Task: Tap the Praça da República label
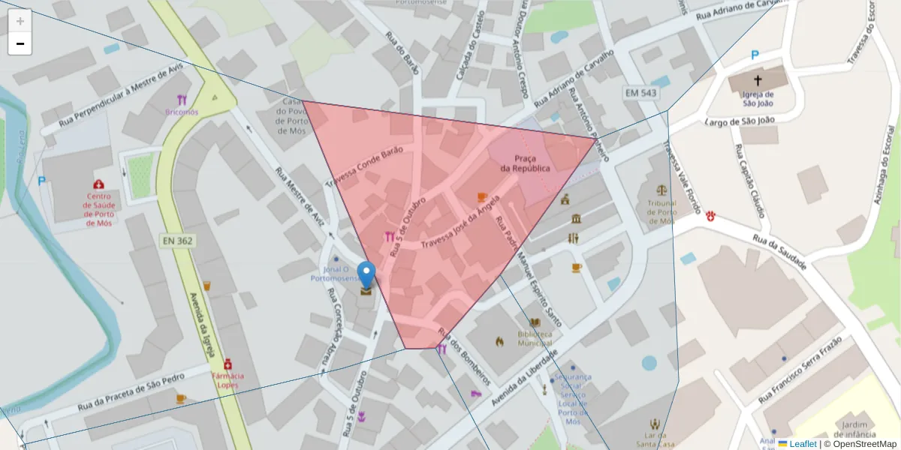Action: [x=526, y=163]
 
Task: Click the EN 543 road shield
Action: [x=640, y=92]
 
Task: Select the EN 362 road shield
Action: [x=176, y=241]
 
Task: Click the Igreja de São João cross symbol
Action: [x=758, y=79]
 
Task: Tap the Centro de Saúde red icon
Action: [x=98, y=184]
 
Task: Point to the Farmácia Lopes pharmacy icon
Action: [x=228, y=364]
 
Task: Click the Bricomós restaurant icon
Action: [x=182, y=100]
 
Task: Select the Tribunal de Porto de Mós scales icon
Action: [x=661, y=191]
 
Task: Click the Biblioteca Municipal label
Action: [x=535, y=338]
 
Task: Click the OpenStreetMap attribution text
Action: [x=860, y=444]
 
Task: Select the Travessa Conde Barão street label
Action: [x=365, y=166]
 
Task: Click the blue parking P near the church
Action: [x=755, y=55]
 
